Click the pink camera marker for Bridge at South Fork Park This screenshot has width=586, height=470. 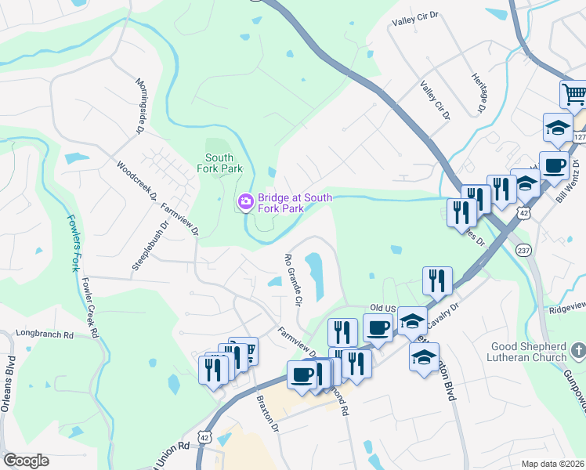tap(245, 204)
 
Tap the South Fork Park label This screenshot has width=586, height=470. tap(224, 163)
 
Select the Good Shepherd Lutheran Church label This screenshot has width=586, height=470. tap(528, 352)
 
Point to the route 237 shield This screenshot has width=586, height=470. tap(524, 248)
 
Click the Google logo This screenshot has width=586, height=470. tap(26, 461)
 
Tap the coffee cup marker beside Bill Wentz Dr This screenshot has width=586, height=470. tap(554, 166)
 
